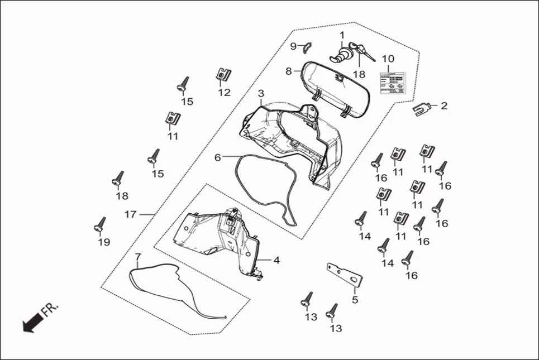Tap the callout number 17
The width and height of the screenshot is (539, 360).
pos(130,214)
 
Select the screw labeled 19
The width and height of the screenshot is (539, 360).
pos(100,224)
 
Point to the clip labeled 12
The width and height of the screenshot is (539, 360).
pos(223,75)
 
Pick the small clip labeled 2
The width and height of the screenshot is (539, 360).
pos(423,107)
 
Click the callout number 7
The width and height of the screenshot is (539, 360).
pos(138,257)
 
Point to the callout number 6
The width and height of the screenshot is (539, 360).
pos(218,157)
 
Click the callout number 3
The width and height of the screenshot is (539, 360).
pos(261,92)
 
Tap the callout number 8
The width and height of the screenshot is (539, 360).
pos(289,71)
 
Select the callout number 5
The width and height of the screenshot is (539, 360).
pos(354,299)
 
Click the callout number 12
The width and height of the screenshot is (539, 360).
pos(224,93)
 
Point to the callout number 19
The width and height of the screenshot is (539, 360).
pos(104,242)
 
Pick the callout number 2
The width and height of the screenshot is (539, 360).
pos(444,105)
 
